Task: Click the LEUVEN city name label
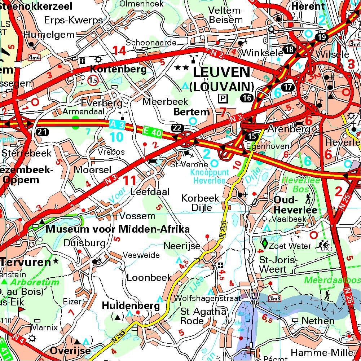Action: pos(221,72)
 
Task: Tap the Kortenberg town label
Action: pos(118,69)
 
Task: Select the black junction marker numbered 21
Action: pos(42,132)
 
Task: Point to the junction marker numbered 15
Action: pos(251,137)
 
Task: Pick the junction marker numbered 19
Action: pos(322,37)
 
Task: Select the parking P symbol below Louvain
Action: pos(224,98)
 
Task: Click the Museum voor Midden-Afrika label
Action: pos(118,229)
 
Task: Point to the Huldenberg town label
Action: pos(131,306)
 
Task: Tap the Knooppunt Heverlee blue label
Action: pos(208,177)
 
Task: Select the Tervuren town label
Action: pos(25,262)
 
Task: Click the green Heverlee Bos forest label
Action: pos(296,185)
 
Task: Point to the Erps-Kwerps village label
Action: pos(73,20)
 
